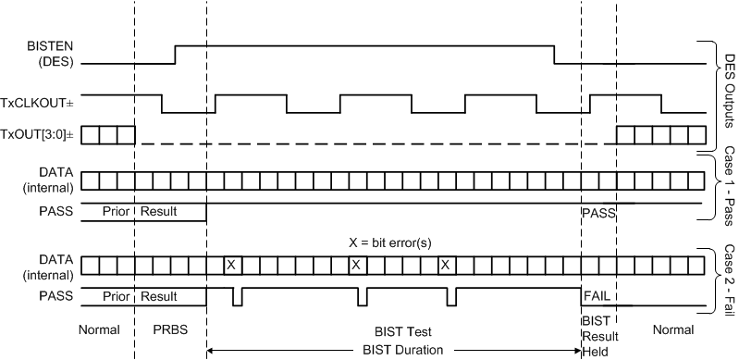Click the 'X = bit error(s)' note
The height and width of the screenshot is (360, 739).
coord(386,242)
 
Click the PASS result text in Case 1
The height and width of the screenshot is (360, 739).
coord(595,213)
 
